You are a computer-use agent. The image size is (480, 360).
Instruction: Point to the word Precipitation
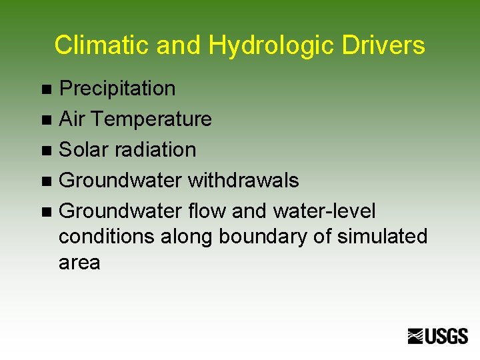pos(117,88)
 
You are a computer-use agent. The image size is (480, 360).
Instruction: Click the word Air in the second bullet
pos(72,119)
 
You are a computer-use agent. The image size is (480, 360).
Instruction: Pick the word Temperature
pos(151,119)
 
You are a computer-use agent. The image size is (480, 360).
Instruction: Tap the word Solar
pos(83,150)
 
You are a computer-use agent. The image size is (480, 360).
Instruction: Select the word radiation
pos(155,150)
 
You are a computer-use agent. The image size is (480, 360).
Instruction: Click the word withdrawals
pos(243,181)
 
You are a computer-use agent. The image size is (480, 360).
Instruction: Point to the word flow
pos(206,211)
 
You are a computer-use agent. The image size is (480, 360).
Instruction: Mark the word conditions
pos(105,237)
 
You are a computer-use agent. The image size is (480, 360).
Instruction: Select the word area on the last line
pos(79,263)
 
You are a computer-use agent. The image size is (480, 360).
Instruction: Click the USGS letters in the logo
pos(447,337)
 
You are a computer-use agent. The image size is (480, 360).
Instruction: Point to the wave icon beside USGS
pos(417,337)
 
